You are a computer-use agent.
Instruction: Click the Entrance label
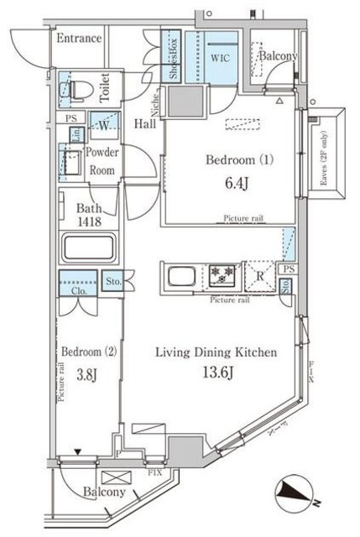point(79,39)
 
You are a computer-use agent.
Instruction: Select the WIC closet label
point(221,59)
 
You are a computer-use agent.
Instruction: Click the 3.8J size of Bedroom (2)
point(86,375)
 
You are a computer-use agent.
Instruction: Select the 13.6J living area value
point(215,374)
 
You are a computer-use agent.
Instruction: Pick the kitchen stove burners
point(223,274)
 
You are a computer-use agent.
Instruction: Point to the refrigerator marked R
point(260,274)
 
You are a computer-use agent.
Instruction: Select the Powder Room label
point(102,160)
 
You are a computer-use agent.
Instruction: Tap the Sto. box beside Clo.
point(112,283)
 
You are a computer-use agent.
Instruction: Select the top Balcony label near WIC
point(277,56)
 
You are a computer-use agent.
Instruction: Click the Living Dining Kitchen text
point(216,352)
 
